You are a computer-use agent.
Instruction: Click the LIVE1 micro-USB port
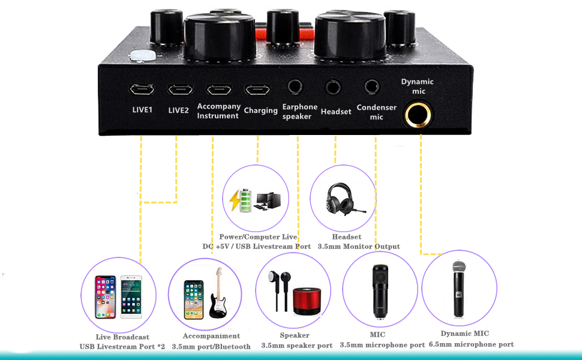click(142, 89)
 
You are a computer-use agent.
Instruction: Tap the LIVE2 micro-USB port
click(181, 89)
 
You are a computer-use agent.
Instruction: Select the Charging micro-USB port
click(257, 90)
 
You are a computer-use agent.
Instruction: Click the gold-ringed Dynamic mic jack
click(418, 115)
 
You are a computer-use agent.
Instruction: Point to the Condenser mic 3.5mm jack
click(371, 87)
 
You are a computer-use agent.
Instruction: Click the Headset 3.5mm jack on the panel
click(333, 87)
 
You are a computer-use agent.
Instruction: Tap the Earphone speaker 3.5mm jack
click(295, 87)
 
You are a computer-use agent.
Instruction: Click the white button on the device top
click(143, 56)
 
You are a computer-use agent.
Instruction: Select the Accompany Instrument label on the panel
click(218, 111)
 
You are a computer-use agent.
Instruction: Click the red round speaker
click(307, 301)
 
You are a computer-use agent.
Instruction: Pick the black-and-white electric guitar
click(218, 293)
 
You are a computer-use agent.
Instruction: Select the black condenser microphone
click(380, 292)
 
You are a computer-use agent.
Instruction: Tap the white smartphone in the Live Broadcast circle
click(131, 297)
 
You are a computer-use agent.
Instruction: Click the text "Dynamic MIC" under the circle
click(465, 333)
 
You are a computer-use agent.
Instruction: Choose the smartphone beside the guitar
click(194, 300)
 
